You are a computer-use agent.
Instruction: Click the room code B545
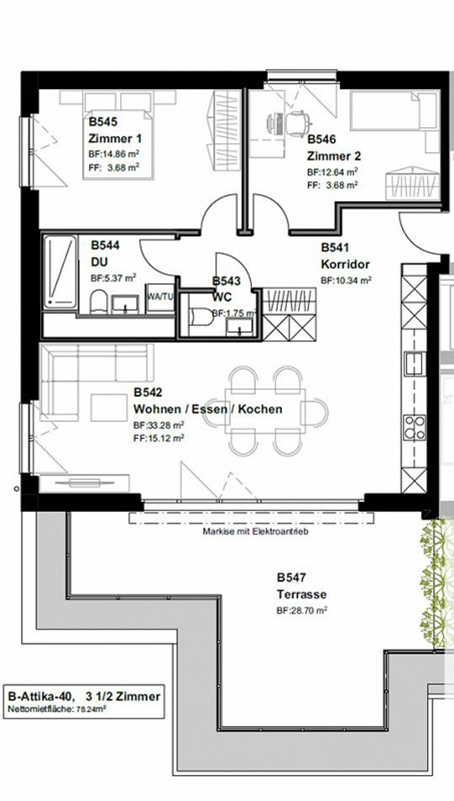coord(103,122)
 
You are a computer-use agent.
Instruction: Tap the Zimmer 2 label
coord(334,156)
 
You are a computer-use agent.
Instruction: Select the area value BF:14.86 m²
coord(114,154)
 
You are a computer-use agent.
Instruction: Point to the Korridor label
coord(345,264)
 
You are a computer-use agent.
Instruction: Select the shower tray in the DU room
coord(60,272)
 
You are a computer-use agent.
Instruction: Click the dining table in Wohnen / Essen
coord(265,411)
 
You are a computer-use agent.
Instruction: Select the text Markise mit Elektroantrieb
coord(255,532)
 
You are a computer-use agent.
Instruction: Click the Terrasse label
coord(301,595)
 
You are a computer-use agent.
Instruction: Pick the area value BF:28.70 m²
coord(301,610)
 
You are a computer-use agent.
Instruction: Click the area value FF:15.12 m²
coord(159,438)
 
